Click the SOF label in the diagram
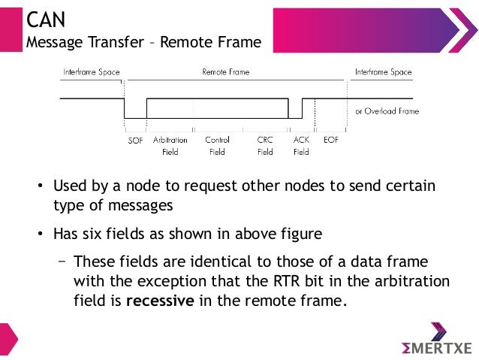coord(135,140)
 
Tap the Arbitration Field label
coord(170,145)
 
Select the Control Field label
coord(217,145)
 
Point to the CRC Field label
coord(265,145)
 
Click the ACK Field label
coord(301,145)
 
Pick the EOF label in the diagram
coord(330,140)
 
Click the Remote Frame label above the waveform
coord(226,72)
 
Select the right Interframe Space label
coord(382,72)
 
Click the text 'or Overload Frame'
coord(387,111)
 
